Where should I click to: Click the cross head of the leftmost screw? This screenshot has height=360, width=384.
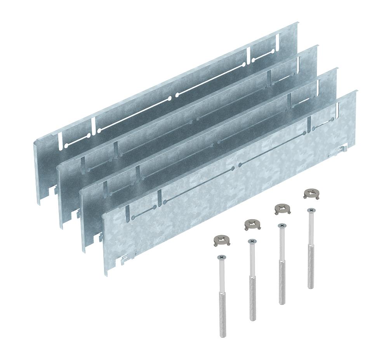pos(222,257)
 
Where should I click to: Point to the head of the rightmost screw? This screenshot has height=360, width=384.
pos(310,210)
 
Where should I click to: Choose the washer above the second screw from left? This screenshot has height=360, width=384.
pos(252,224)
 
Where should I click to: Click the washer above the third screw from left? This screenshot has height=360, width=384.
pos(281,209)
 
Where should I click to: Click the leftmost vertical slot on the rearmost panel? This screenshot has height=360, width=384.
pos(60,140)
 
